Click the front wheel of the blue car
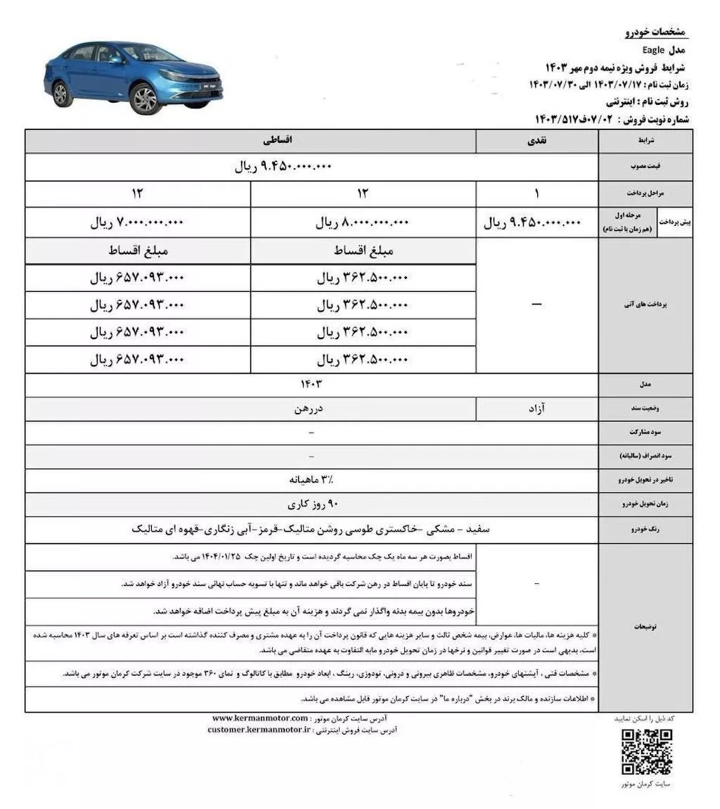click(x=145, y=99)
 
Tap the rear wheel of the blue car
click(x=61, y=94)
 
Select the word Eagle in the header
click(x=653, y=51)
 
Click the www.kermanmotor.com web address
click(x=260, y=718)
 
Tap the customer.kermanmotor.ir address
click(x=259, y=730)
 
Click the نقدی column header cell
click(x=537, y=141)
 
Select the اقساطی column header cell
click(x=251, y=141)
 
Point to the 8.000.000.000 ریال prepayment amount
click(x=363, y=223)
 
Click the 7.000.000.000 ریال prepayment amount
click(x=137, y=223)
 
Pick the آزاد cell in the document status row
click(x=537, y=407)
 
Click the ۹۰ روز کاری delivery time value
click(x=313, y=504)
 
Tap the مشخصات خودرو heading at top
click(x=655, y=33)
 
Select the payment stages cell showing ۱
click(x=537, y=193)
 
